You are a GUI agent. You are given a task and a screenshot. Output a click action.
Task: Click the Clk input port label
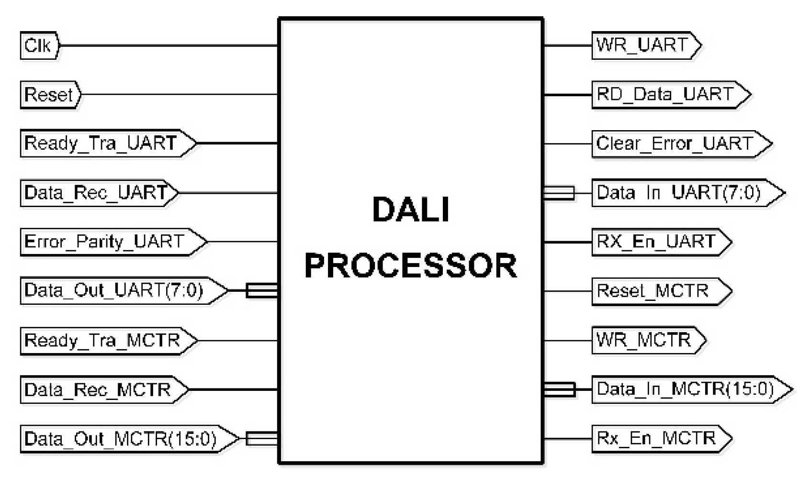coord(38,46)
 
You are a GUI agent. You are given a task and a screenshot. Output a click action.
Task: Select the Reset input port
coord(49,95)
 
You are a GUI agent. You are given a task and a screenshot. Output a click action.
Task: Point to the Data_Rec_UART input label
coord(96,193)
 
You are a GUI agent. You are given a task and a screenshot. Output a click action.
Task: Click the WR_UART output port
coord(643,45)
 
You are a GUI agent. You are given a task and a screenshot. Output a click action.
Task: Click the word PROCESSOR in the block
coord(411,266)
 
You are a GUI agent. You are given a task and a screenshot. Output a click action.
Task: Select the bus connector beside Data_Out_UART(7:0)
coord(261,290)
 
